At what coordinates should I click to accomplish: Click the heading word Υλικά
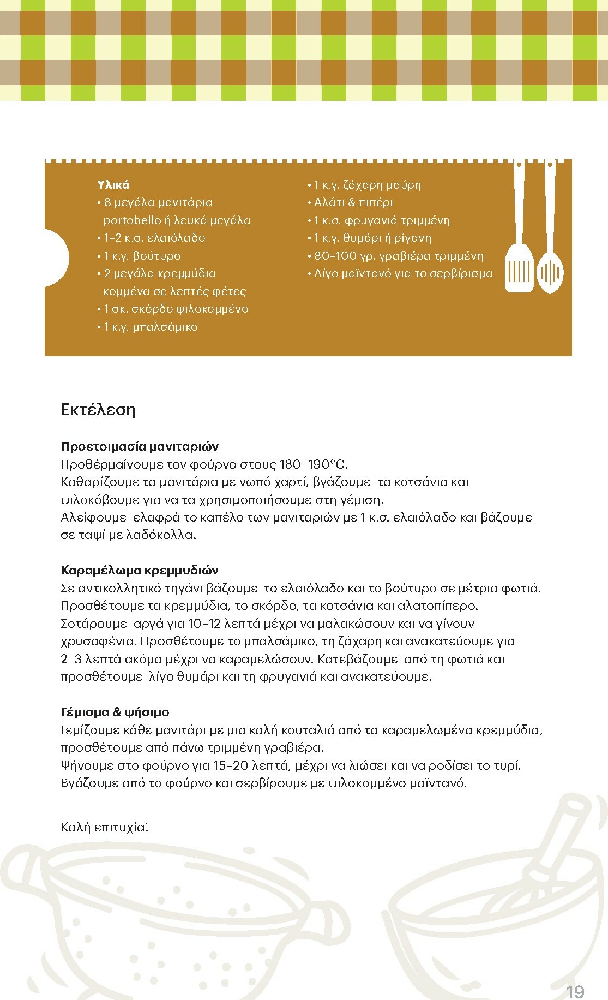tap(113, 185)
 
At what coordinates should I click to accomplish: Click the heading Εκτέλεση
tap(98, 410)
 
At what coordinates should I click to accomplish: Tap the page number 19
tap(575, 991)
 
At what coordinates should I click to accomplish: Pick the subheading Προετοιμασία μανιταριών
tap(140, 446)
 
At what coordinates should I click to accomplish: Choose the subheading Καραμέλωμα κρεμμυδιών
tap(140, 570)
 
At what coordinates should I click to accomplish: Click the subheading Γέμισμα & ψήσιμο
tap(115, 712)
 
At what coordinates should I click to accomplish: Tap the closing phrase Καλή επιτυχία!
tap(104, 827)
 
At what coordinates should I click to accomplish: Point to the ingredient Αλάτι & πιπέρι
tap(353, 202)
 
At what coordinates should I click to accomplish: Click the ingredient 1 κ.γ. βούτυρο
tap(142, 256)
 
